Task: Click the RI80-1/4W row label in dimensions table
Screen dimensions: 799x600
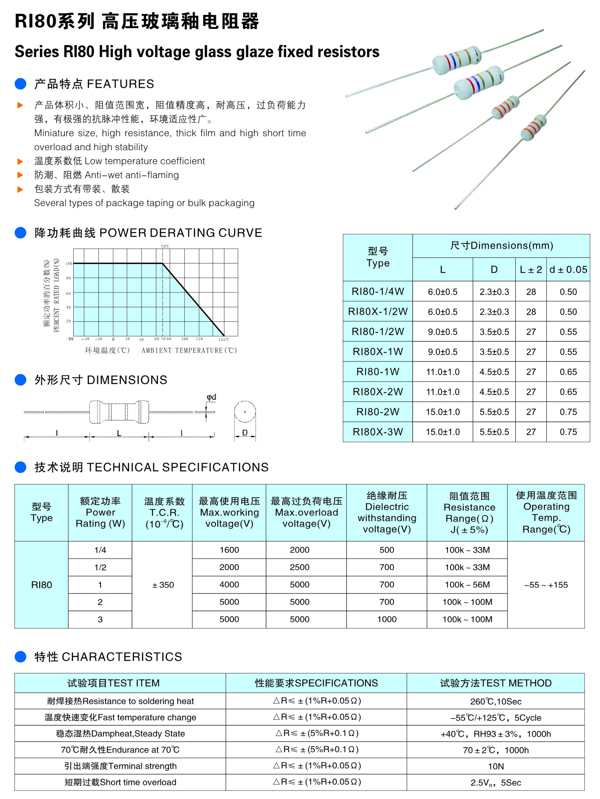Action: [377, 292]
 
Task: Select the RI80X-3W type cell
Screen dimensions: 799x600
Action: [377, 432]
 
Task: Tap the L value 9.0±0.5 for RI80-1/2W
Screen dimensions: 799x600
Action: [442, 332]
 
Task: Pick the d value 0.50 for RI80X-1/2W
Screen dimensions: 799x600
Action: [568, 312]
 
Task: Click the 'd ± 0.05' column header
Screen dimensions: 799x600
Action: [568, 269]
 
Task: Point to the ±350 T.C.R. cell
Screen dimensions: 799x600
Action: [163, 585]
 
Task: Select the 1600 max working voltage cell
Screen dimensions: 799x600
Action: [229, 550]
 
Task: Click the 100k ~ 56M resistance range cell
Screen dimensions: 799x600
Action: [467, 585]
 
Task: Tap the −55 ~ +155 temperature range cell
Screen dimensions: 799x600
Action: [546, 585]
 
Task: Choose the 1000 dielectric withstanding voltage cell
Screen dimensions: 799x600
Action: [387, 619]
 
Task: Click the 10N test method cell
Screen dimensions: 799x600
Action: [496, 766]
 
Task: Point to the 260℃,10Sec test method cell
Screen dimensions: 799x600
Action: [496, 702]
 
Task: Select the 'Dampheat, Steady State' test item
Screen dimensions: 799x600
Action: [121, 733]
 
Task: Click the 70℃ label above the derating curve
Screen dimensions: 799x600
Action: [165, 246]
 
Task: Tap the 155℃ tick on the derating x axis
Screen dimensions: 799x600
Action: [224, 340]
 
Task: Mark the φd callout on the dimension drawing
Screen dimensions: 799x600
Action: [211, 397]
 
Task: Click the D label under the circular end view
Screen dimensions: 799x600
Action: [245, 432]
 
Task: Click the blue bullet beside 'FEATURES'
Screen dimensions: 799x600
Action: [20, 84]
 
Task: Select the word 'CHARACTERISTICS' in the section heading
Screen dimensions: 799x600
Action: [122, 657]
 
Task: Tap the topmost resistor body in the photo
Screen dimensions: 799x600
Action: [457, 60]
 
